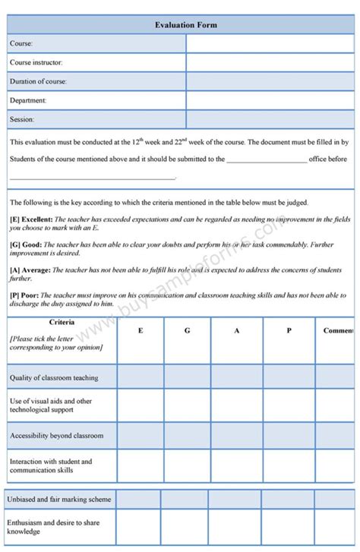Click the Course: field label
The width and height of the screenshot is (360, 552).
pyautogui.click(x=21, y=44)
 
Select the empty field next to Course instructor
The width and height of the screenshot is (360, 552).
pyautogui.click(x=269, y=62)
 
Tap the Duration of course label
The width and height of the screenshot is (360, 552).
pyautogui.click(x=38, y=81)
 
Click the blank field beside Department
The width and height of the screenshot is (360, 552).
pyautogui.click(x=269, y=100)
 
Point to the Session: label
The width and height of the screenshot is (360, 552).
pyautogui.click(x=22, y=119)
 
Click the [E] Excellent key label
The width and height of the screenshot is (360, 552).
pyautogui.click(x=31, y=219)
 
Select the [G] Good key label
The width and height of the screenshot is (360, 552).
pyautogui.click(x=25, y=244)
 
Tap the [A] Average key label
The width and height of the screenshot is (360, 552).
pyautogui.click(x=30, y=270)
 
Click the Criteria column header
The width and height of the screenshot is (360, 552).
pyautogui.click(x=62, y=323)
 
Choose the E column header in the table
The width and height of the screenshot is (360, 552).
pyautogui.click(x=140, y=331)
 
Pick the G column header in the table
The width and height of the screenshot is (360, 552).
pyautogui.click(x=187, y=331)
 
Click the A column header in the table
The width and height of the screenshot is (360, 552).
pyautogui.click(x=236, y=331)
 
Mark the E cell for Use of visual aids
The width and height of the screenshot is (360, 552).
pyautogui.click(x=140, y=405)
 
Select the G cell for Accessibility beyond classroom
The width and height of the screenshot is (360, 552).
pyautogui.click(x=187, y=436)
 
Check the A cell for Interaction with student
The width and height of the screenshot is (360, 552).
pyautogui.click(x=236, y=465)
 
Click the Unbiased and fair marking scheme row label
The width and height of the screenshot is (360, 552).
pyautogui.click(x=60, y=500)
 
